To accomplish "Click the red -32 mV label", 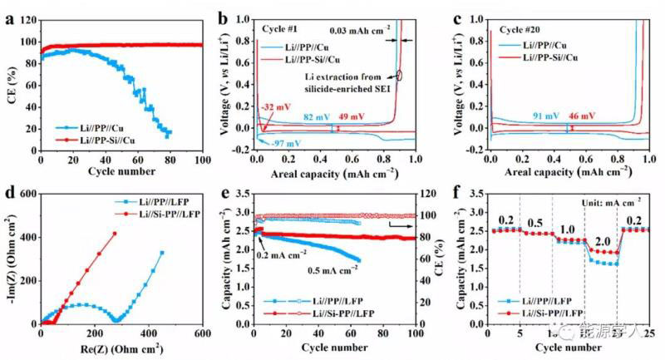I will (x=273, y=108).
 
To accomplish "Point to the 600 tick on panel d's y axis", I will (x=27, y=193).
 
